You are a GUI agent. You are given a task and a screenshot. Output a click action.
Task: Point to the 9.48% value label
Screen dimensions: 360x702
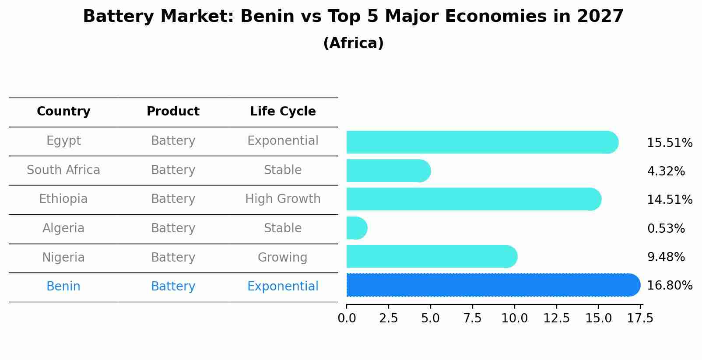[666, 257]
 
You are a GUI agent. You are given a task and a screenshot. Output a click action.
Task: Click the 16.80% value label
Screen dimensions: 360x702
[669, 285]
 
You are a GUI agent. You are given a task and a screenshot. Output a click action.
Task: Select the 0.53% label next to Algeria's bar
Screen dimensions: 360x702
[666, 228]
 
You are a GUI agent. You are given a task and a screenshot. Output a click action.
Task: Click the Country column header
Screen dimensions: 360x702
[63, 112]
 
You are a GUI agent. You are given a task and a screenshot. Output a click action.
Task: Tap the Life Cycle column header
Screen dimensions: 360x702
[283, 112]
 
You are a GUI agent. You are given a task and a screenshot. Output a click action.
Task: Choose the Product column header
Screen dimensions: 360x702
[173, 112]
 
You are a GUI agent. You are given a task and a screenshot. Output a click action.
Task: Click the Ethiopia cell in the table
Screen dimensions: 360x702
[63, 199]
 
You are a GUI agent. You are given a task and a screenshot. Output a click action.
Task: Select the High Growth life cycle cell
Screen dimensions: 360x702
[283, 199]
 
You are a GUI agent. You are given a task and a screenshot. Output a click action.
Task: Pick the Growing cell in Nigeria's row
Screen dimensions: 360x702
[282, 257]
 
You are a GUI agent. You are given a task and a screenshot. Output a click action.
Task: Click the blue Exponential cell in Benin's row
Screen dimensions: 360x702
[283, 286]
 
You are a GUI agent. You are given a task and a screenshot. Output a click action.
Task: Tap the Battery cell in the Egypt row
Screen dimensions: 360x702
[173, 141]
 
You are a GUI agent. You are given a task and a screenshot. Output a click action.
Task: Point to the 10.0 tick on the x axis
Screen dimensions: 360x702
[514, 318]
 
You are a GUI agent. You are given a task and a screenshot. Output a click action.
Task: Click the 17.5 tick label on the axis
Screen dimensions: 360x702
[640, 318]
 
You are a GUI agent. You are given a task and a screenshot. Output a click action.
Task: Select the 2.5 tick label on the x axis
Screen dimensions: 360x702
[388, 318]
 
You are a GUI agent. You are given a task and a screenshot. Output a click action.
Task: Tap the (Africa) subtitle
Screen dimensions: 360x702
[353, 43]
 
